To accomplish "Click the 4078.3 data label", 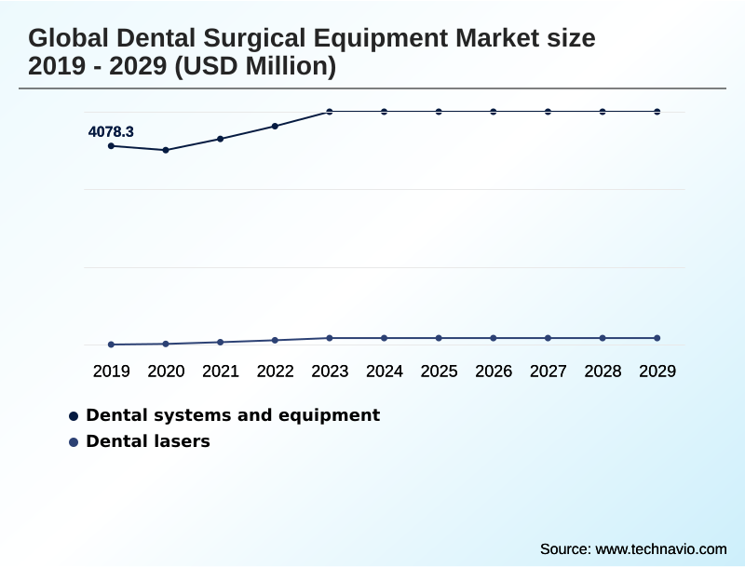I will pos(111,132).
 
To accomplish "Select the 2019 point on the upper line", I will pos(112,146).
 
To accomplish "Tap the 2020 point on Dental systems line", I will pos(166,150).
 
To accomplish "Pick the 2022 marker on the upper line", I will pos(275,126).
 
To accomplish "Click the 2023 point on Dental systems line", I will pos(330,112).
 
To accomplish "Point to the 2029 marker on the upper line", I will pos(657,112).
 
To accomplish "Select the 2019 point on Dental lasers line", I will pos(112,345).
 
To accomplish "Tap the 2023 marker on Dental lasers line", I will pos(330,338).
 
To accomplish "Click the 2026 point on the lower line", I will pos(494,338).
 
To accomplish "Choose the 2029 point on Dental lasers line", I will pos(657,338).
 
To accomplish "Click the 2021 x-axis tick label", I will pos(221,372).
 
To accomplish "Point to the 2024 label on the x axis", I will pos(385,372).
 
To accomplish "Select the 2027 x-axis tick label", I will pos(549,372).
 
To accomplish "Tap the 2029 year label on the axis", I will pos(657,372).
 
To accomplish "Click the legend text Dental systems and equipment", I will pos(233,415).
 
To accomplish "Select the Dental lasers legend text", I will pos(148,441).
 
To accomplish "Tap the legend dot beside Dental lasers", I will pos(74,442).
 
